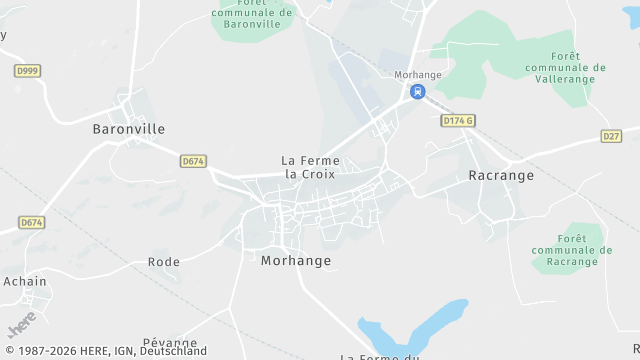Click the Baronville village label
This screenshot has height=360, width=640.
point(128,129)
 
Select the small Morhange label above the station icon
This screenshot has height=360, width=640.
point(417,75)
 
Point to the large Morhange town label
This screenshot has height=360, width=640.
point(295,260)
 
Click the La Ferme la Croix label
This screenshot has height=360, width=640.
point(310,167)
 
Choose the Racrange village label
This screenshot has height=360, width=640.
point(501,175)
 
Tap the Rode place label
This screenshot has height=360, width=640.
point(164,262)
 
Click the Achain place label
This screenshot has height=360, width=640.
point(25,281)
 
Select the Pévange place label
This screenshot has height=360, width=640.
point(170,343)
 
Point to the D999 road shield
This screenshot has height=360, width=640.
point(28,71)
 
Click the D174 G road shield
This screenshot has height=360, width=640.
point(457,120)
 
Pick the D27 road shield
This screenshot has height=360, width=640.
point(612,135)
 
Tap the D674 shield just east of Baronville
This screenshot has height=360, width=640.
point(193,160)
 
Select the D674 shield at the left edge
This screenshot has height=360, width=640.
point(32,222)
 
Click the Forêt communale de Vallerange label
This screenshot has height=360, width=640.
point(565,67)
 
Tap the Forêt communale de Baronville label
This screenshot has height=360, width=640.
point(252,13)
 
